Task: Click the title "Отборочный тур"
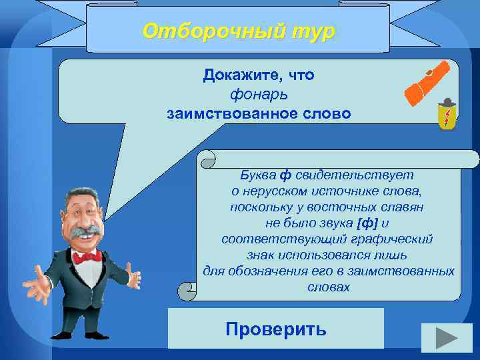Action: tap(239, 31)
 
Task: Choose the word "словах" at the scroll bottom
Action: tap(328, 287)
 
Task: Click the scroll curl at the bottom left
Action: tap(187, 291)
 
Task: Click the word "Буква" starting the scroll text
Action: tap(258, 175)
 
